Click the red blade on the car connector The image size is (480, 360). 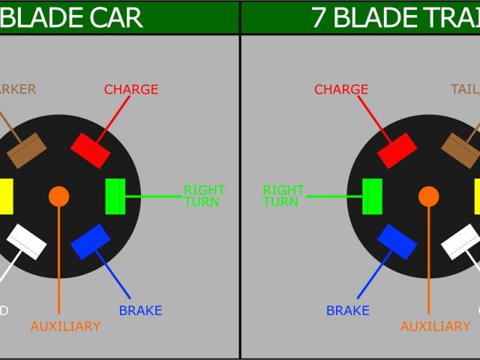pos(91,151)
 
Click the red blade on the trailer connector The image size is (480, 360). pos(397,151)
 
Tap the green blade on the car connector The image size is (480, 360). pos(115,196)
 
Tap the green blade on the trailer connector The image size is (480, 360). pos(372,196)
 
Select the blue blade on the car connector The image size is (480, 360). pos(91,241)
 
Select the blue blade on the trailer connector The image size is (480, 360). pos(397,241)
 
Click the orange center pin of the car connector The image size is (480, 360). pos(58,196)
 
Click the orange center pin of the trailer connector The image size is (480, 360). pos(429,196)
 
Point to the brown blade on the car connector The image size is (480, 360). pos(27,151)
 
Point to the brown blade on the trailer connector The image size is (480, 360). pos(460,151)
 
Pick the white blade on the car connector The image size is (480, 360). pos(27,241)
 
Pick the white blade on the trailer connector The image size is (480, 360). pos(460,241)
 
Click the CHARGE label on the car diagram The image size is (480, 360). pos(131,89)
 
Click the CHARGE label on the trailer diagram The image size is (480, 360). pos(341,89)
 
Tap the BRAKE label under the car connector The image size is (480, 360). pos(140,310)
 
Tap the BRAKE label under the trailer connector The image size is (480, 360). pos(348,310)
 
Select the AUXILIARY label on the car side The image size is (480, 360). pos(65,326)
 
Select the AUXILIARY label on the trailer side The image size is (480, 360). pos(435,326)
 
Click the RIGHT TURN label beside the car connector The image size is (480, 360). pos(204,196)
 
